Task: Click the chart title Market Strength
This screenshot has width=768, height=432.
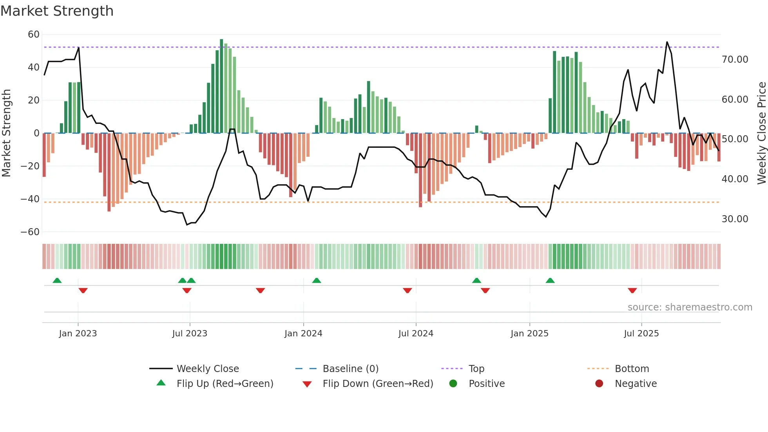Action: [x=57, y=11]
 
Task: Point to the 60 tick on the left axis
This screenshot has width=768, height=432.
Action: [x=34, y=34]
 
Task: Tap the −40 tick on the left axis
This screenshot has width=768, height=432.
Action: [x=30, y=199]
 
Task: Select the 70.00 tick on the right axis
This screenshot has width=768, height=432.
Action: [x=735, y=60]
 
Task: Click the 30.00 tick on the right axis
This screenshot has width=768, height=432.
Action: [x=735, y=219]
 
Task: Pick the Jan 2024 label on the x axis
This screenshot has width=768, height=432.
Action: [x=303, y=334]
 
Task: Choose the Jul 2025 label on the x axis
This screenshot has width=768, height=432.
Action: [x=641, y=334]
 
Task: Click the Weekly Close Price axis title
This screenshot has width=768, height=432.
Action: [x=761, y=133]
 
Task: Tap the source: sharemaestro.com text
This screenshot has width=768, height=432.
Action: [x=690, y=307]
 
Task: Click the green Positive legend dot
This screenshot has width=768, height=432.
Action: [x=453, y=384]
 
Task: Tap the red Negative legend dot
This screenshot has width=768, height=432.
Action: [x=599, y=384]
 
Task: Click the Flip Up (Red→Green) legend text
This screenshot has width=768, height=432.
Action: [x=225, y=384]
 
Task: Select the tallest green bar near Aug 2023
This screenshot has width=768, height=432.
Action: [x=221, y=86]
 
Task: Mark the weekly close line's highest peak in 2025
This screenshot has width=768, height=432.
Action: [x=667, y=42]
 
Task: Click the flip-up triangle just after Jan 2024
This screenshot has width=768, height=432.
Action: [x=317, y=281]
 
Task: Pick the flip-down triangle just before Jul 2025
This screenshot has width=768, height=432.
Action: [x=632, y=290]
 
